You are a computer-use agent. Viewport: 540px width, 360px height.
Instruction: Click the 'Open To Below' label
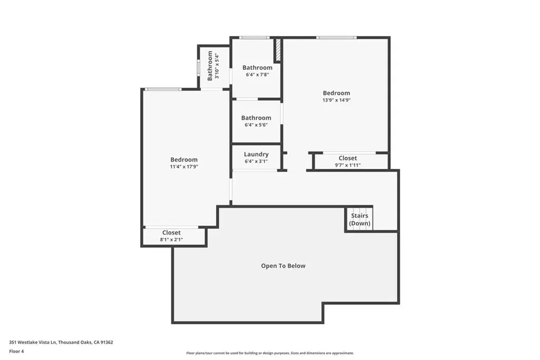click(x=283, y=266)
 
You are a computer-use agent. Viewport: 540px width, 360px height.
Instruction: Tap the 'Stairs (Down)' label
click(x=360, y=219)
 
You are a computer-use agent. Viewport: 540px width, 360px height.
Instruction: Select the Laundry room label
click(x=256, y=154)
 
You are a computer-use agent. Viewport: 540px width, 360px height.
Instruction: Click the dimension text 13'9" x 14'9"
click(x=336, y=100)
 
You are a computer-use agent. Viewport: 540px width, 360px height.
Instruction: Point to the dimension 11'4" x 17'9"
click(x=184, y=167)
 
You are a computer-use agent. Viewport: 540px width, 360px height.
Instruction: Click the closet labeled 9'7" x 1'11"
click(x=348, y=161)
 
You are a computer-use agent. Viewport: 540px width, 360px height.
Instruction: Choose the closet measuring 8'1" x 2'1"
click(x=171, y=236)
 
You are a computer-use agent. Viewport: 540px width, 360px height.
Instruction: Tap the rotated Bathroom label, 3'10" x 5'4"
click(x=213, y=66)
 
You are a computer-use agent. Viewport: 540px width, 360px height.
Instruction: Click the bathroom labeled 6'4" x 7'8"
click(x=257, y=71)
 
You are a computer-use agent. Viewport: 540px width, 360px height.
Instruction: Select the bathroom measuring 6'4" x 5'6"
click(x=256, y=121)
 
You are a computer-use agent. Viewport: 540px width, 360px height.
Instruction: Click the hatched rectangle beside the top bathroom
click(x=277, y=50)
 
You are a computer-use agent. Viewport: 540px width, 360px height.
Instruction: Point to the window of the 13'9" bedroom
click(x=336, y=37)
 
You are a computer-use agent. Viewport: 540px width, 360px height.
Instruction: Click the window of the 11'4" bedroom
click(x=163, y=90)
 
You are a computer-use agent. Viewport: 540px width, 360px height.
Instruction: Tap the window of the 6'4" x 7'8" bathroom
click(x=255, y=37)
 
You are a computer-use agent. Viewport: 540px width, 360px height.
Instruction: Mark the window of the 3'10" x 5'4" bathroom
click(x=198, y=67)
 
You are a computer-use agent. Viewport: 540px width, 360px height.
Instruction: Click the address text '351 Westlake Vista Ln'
click(x=33, y=342)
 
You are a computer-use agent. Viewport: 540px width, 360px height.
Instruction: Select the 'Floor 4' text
click(x=16, y=352)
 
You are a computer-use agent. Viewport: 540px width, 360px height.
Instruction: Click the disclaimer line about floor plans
click(x=270, y=353)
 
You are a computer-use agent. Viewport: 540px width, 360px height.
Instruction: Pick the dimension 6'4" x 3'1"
click(x=256, y=161)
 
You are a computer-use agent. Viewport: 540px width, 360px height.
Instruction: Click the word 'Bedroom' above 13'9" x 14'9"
click(x=336, y=93)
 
